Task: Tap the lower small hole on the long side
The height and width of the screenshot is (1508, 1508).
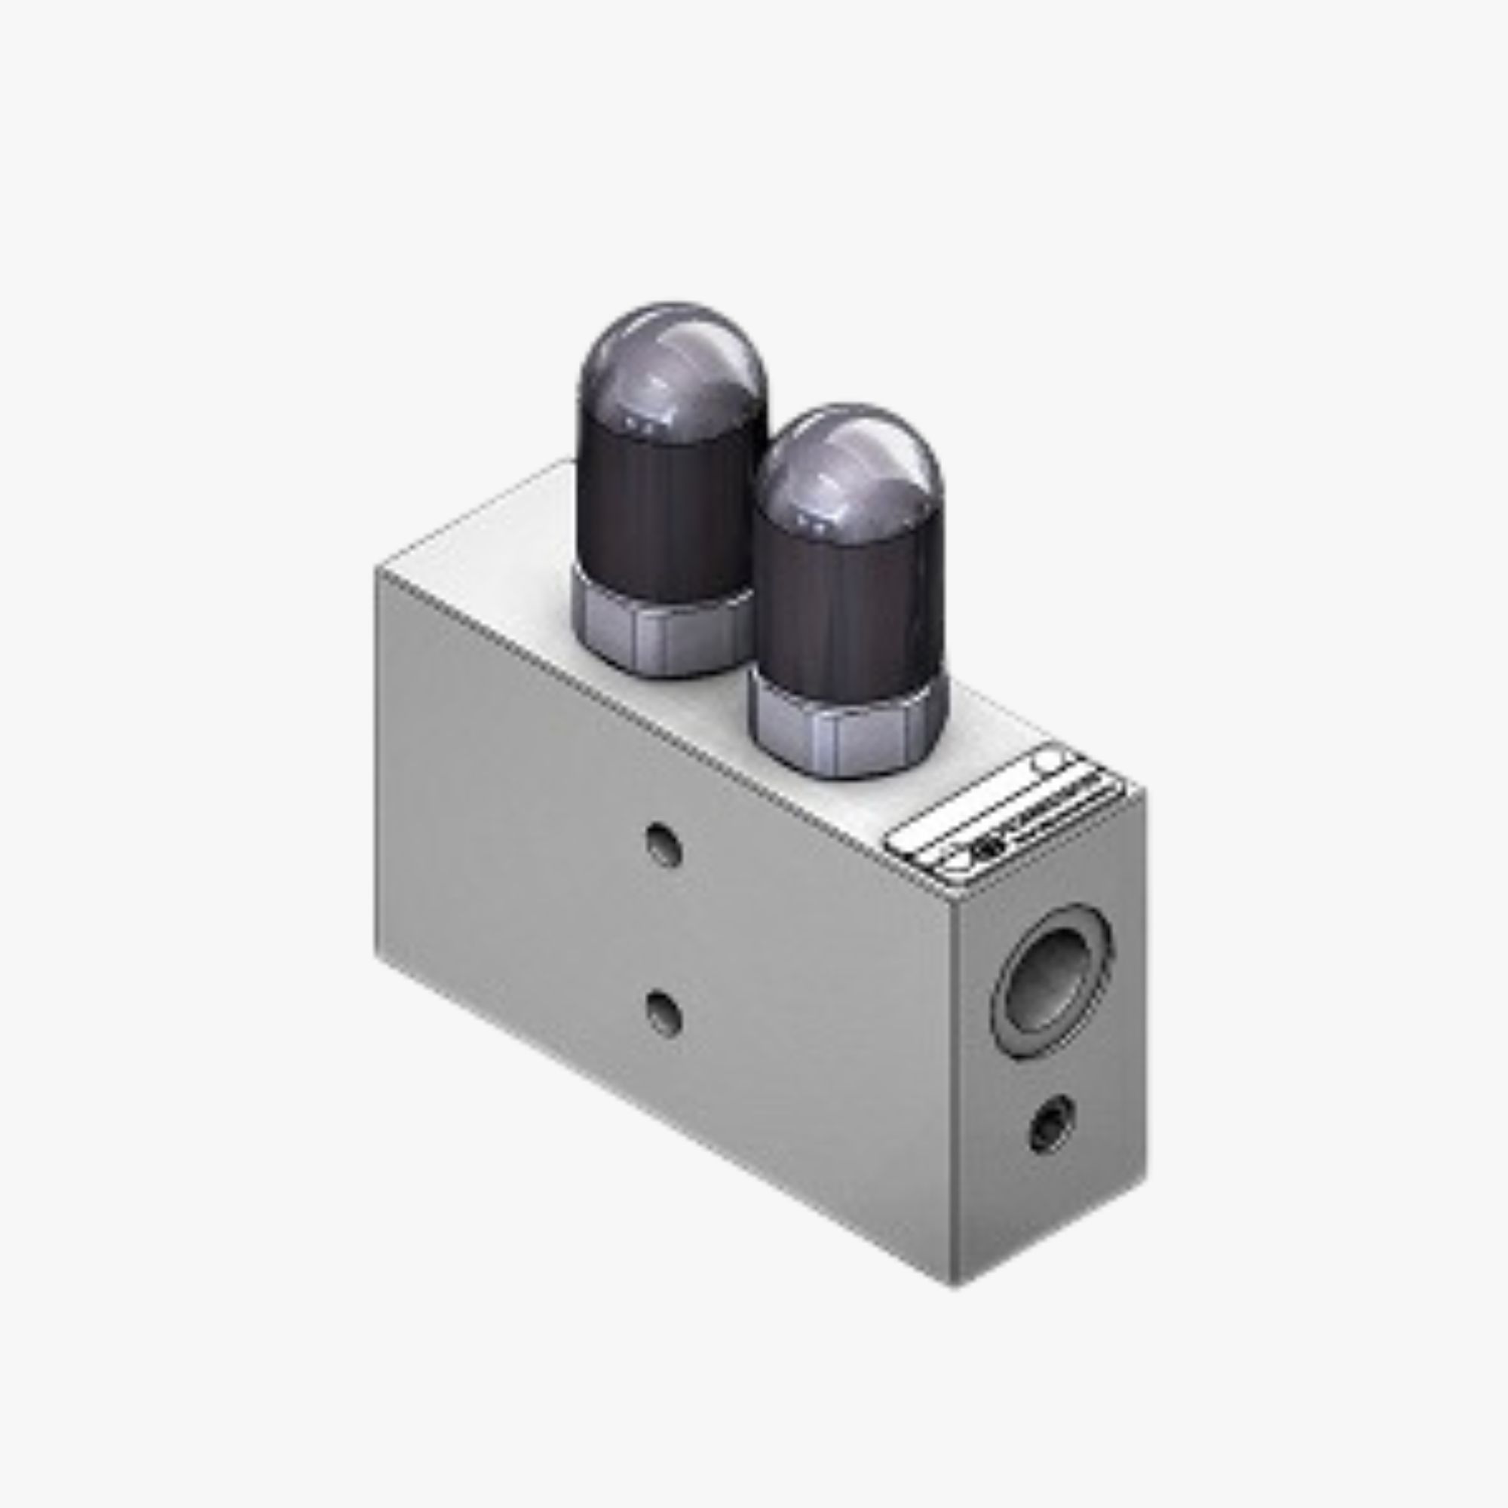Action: point(664,1013)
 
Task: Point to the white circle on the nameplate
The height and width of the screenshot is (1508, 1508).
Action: point(1048,761)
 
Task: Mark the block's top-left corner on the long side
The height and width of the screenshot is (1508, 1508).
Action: point(378,570)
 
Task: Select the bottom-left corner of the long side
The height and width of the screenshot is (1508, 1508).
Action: point(378,954)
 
